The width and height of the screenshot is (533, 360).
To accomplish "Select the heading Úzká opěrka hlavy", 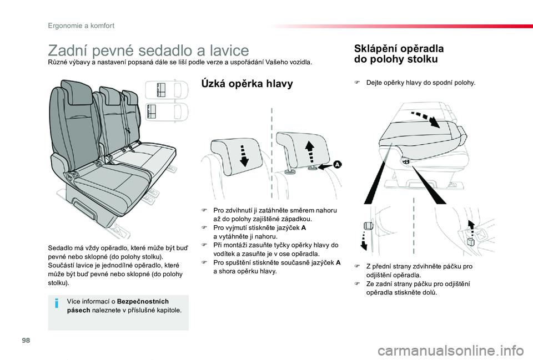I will point(247,84).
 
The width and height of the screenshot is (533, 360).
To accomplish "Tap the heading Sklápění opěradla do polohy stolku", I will point(395,53).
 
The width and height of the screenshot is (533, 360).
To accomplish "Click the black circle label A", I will point(337,165).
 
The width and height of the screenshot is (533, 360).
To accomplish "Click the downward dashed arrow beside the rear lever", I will point(364,241).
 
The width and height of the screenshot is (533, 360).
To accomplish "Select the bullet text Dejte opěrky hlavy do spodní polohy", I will point(421,82).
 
